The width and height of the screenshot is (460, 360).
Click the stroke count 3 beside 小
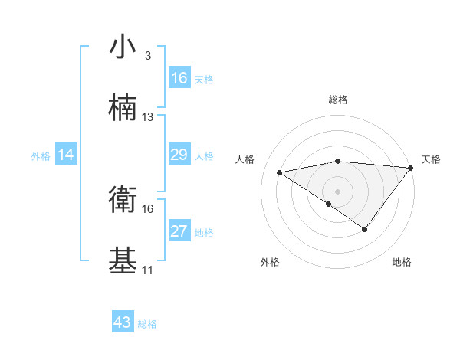tap(148, 56)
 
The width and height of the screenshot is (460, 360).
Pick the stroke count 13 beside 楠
tap(148, 117)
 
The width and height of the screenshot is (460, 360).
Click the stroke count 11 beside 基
tap(148, 270)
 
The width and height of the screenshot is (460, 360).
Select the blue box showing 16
tap(179, 78)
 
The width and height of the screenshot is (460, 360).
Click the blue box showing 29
tap(179, 155)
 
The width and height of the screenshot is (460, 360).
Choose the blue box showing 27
tap(179, 231)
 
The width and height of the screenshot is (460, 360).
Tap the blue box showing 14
tap(66, 155)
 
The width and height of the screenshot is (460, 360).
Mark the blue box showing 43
tap(123, 322)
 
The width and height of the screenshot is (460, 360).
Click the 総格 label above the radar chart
tap(338, 100)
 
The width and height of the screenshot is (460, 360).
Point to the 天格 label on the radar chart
tap(431, 159)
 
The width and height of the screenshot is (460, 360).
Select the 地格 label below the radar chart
tap(402, 262)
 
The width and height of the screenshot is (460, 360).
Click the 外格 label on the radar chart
tap(270, 262)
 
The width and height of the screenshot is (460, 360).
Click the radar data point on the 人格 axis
tap(279, 172)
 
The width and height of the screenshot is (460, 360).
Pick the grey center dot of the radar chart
tap(338, 190)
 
